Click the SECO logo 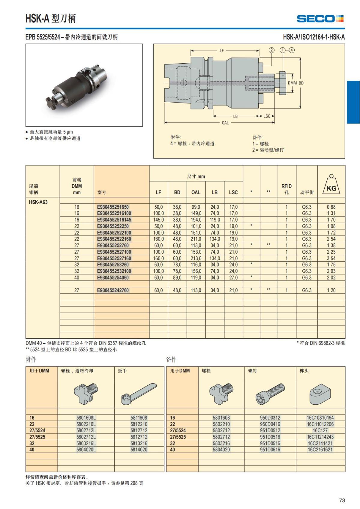(320, 19)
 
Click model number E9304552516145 (114, 220)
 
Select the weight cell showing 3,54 (331, 258)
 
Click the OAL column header (196, 193)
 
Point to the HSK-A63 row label (38, 202)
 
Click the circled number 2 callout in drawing (271, 50)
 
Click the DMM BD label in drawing (295, 83)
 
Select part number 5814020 (139, 450)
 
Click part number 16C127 (320, 430)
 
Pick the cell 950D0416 (270, 424)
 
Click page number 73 (342, 500)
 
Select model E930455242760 (113, 290)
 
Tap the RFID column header (286, 189)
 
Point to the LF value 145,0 (158, 220)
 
